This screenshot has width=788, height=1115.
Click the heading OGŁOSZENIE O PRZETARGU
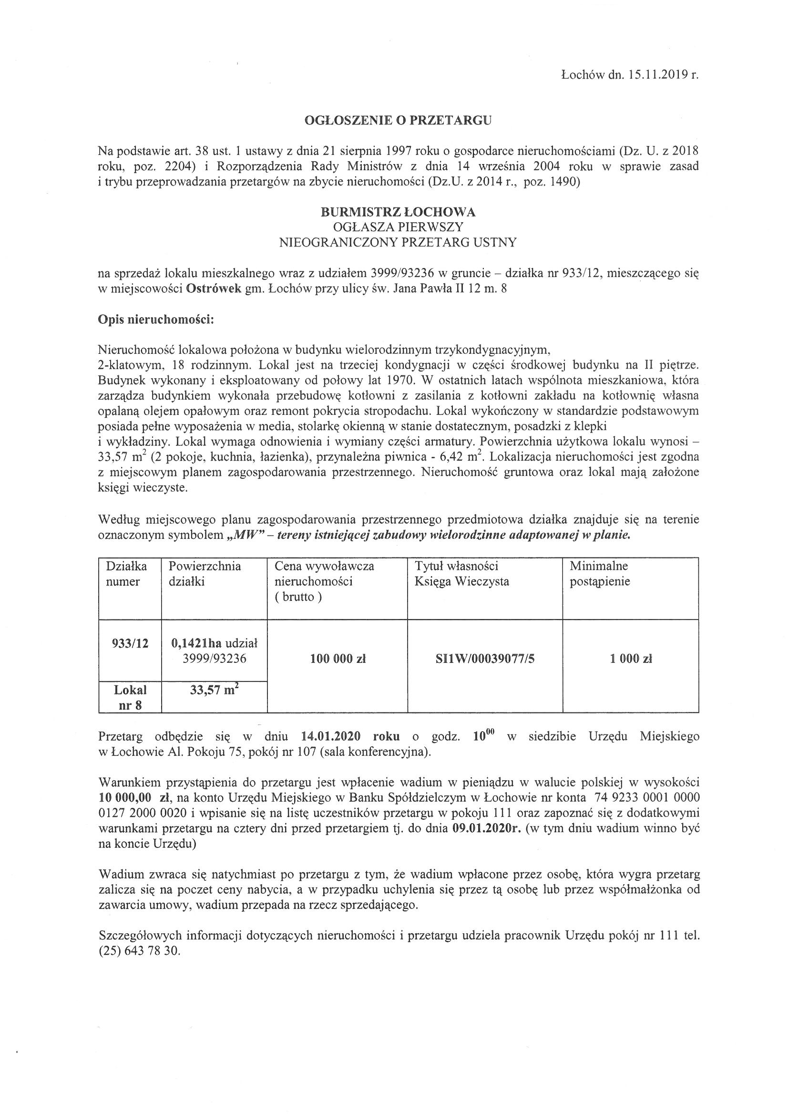(x=398, y=121)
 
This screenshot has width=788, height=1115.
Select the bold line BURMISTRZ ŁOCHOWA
(x=398, y=212)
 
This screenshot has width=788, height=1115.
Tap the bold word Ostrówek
(x=214, y=289)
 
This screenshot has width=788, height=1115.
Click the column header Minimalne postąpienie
(x=600, y=574)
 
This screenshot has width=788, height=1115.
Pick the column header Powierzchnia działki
(x=205, y=574)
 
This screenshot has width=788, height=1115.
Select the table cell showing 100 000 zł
(x=338, y=659)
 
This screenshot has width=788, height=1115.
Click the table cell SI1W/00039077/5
(x=485, y=659)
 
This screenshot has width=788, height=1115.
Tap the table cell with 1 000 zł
(x=631, y=659)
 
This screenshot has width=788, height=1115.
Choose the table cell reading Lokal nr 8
(x=130, y=697)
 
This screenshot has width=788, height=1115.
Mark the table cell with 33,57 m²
(x=214, y=690)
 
